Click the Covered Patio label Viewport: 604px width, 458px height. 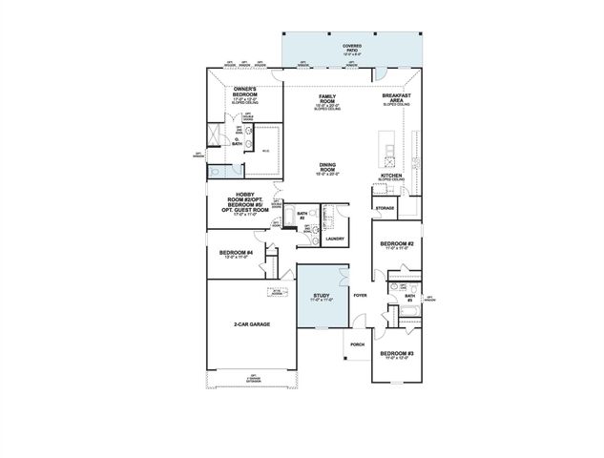coord(352,47)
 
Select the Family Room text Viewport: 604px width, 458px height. coord(327,98)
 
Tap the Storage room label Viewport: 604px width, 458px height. coord(385,207)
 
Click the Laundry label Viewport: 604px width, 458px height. coord(334,239)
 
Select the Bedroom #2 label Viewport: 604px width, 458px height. coord(396,244)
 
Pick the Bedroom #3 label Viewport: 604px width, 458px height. coord(396,354)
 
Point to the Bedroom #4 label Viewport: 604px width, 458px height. coord(237,253)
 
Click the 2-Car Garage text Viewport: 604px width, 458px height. coord(252,324)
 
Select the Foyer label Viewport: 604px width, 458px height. coord(360,297)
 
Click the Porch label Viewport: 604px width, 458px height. coord(358,343)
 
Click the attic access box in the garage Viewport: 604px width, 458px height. coord(280,291)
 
